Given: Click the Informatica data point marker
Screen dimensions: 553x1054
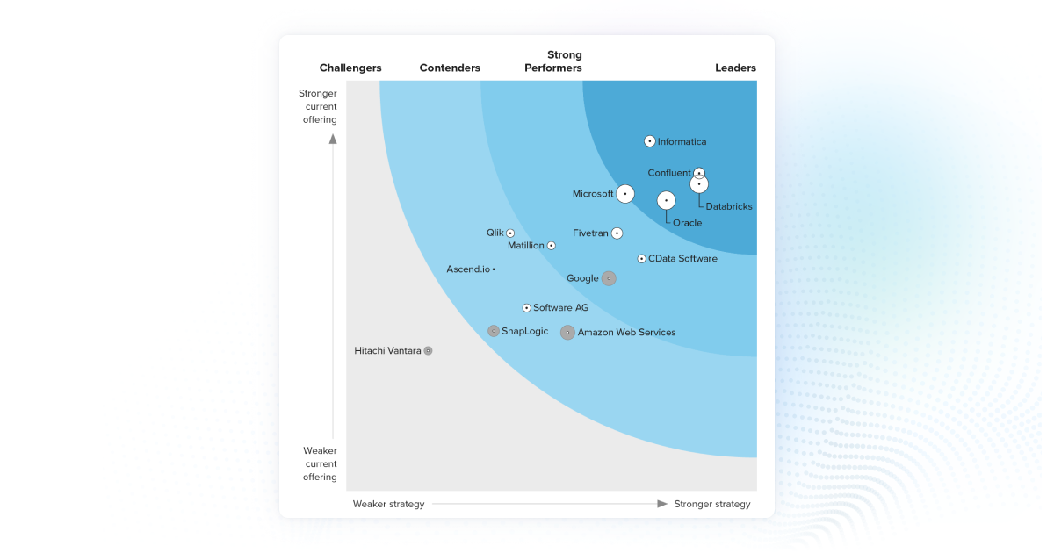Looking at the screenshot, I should click(650, 141).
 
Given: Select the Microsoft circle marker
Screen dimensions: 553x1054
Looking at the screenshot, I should click(624, 194).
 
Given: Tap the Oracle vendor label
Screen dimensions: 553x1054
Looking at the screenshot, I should click(687, 223).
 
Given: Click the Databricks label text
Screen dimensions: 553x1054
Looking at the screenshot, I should click(728, 207).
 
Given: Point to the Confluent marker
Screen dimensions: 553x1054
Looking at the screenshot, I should click(699, 173).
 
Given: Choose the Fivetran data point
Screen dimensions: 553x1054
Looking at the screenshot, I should click(617, 233).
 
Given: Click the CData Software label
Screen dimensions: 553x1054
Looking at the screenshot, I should click(682, 259).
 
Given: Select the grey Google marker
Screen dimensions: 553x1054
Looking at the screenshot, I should click(608, 278).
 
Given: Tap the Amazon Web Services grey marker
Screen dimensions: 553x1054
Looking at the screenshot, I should click(567, 333).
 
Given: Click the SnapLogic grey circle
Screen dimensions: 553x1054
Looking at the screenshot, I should click(494, 331).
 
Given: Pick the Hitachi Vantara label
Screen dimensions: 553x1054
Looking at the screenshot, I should click(387, 350).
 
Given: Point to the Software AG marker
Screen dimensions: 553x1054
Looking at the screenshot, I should click(526, 308).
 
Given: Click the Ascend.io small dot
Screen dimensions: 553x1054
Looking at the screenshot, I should click(494, 269).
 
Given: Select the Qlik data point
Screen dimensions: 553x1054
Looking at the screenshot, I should click(510, 233).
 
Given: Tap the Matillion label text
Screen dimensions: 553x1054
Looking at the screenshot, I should click(525, 246).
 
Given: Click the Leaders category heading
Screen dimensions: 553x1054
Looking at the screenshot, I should click(735, 68).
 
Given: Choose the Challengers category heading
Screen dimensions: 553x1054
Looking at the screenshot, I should click(350, 68).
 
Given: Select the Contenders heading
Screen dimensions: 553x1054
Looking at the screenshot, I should click(450, 68).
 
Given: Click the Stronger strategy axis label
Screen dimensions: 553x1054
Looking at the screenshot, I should click(711, 504).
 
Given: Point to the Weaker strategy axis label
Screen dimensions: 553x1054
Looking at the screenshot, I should click(388, 504).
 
